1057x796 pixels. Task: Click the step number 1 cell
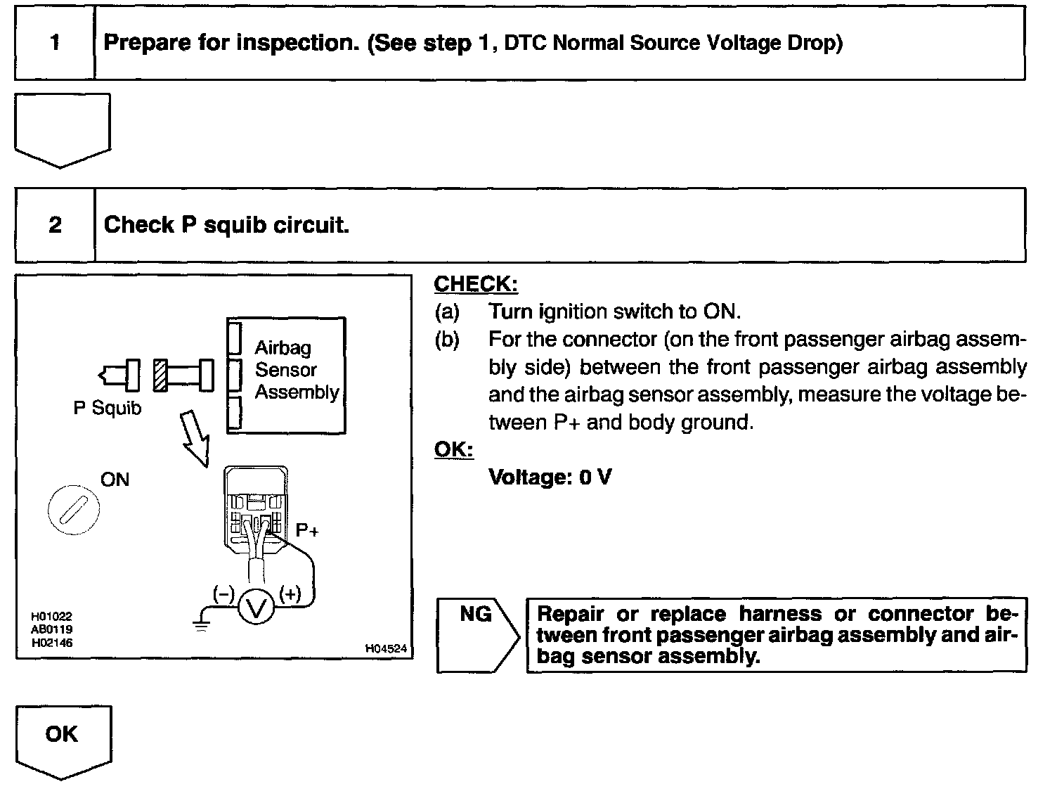point(54,43)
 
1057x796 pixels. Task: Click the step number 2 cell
point(54,225)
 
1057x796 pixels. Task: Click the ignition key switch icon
point(73,509)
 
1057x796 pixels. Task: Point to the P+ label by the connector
point(307,530)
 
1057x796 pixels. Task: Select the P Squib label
point(107,408)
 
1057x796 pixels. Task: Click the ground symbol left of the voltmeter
point(202,622)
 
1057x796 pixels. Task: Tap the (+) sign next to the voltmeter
point(290,594)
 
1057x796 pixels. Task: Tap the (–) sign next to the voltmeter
point(223,594)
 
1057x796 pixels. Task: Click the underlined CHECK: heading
point(476,284)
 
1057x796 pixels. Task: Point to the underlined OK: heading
point(453,449)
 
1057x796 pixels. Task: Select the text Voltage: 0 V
point(550,477)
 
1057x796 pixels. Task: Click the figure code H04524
point(386,649)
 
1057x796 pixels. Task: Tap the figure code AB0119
point(51,629)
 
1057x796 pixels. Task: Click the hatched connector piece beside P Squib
point(160,375)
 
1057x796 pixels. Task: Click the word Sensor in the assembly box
point(285,370)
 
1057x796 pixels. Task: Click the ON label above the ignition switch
point(115,480)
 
